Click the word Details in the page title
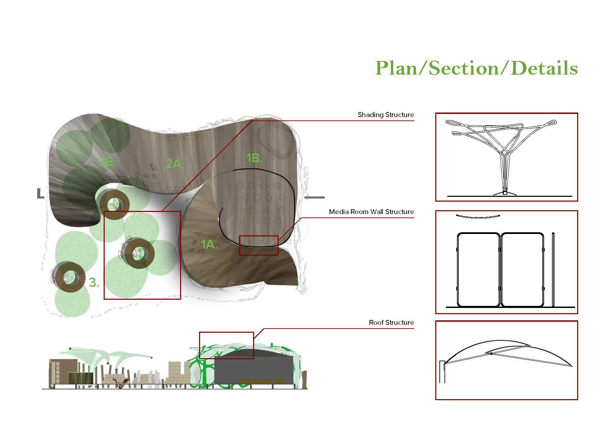click(544, 68)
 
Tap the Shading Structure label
click(386, 115)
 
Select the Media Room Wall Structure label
click(371, 212)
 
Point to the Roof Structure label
click(391, 323)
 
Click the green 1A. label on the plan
click(209, 245)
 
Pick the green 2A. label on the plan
click(175, 164)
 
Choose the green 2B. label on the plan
click(107, 162)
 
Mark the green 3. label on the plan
click(94, 283)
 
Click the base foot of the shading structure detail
click(505, 193)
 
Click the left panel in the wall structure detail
click(478, 269)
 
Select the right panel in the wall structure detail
click(522, 269)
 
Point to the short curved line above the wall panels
click(478, 216)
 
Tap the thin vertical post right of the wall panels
click(553, 269)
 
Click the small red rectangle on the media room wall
click(259, 245)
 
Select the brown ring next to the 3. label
click(69, 277)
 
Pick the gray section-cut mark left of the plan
click(40, 194)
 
